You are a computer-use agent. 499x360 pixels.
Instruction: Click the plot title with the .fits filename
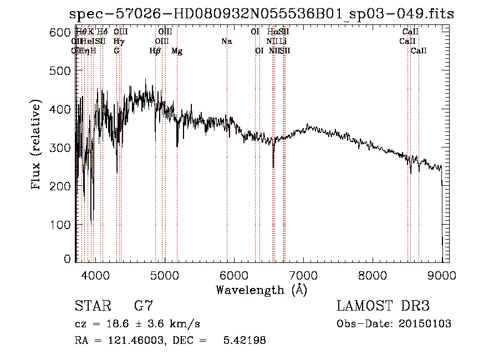click(261, 14)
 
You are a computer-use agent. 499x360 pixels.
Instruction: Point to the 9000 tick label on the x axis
click(441, 274)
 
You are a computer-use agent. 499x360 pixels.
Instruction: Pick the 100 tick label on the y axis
click(60, 225)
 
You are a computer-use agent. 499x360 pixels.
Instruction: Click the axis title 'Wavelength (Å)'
click(261, 290)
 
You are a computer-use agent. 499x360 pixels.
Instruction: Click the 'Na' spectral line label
click(226, 42)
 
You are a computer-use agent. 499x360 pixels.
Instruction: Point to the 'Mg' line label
click(177, 51)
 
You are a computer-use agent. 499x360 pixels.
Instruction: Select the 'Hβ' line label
click(155, 51)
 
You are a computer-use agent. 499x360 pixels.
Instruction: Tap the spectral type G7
click(144, 306)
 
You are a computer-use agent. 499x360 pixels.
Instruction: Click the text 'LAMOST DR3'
click(383, 306)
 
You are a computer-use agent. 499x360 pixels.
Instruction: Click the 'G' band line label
click(116, 51)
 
